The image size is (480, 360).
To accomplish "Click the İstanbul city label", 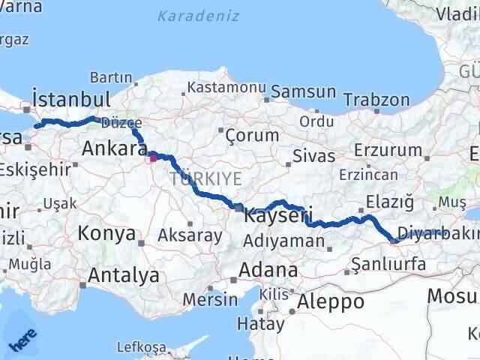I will [72, 99].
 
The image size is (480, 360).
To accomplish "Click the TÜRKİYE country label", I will [205, 178].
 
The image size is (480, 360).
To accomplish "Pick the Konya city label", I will [106, 233].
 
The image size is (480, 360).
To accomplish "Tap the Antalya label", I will [124, 275].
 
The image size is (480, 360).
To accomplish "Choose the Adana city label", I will [268, 269].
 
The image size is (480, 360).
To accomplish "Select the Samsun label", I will [302, 91].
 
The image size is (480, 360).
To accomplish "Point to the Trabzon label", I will [376, 99].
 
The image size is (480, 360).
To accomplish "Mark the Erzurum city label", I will [388, 149].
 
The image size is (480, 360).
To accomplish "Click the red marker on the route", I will [153, 157].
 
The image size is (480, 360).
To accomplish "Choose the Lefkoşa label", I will [141, 347].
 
